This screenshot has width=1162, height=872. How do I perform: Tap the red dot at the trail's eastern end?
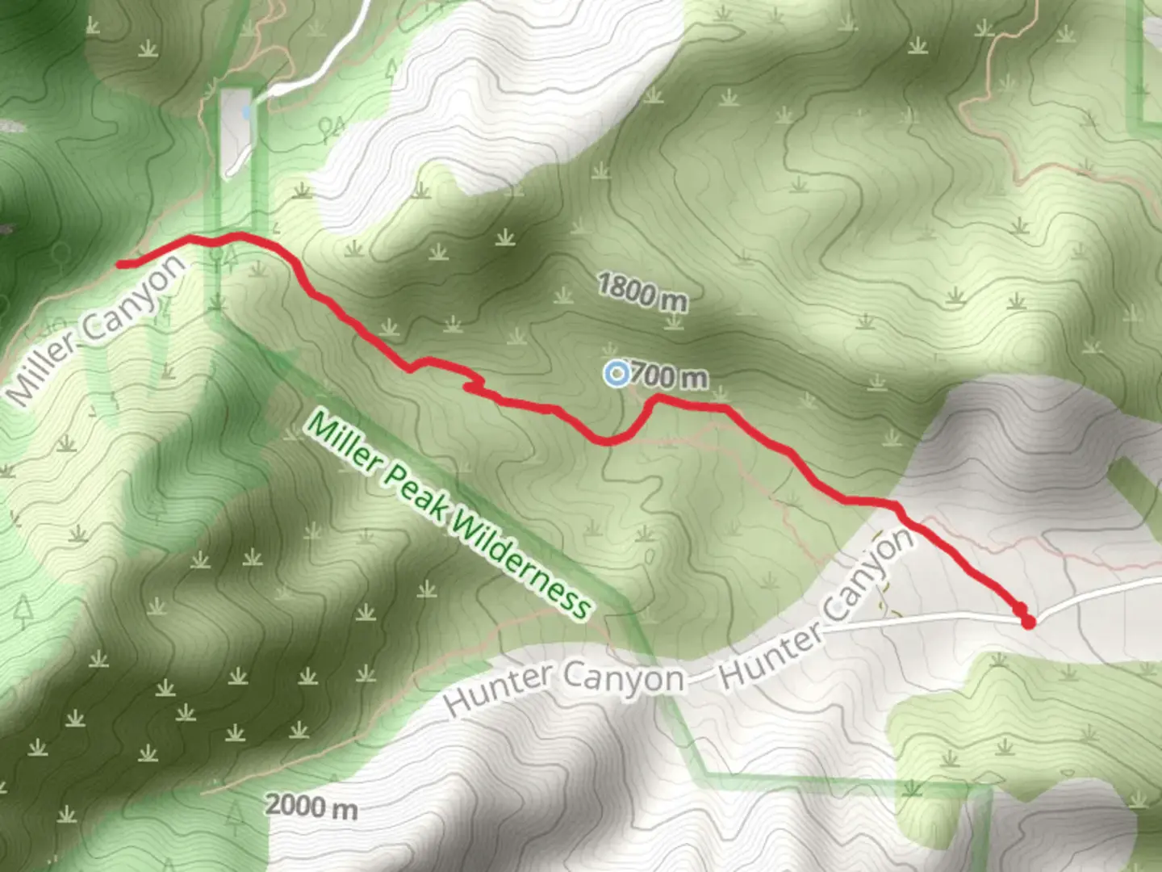[x=1027, y=621]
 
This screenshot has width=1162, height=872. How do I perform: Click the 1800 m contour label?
[x=642, y=291]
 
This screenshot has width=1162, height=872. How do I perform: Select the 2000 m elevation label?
[x=311, y=806]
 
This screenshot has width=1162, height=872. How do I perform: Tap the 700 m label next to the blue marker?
[x=669, y=376]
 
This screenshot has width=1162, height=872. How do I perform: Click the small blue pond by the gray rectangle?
[x=245, y=115]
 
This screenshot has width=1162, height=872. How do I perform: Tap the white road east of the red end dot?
[x=1097, y=595]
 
